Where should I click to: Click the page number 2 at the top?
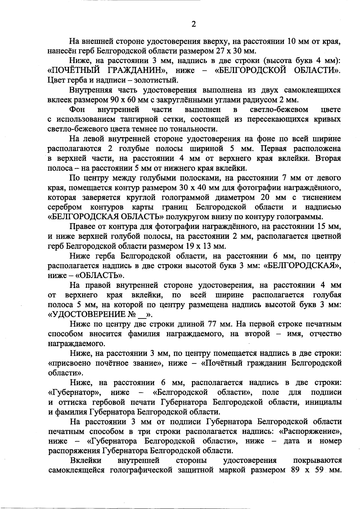[193, 24]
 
